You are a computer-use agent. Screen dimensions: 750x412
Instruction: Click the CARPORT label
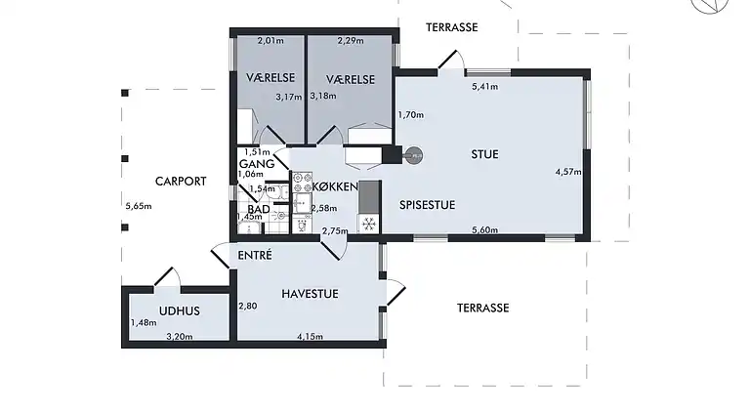(x=181, y=182)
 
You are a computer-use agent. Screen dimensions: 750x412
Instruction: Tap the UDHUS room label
(x=180, y=311)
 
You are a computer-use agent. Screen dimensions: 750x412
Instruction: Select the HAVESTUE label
(x=310, y=294)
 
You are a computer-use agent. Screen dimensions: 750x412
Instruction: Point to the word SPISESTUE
(x=427, y=205)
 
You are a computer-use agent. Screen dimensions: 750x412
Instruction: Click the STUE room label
(x=485, y=154)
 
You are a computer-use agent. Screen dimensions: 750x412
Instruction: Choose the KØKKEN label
(x=335, y=186)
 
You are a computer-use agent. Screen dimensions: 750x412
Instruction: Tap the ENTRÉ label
(x=255, y=255)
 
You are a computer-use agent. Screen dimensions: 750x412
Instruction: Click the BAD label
(x=259, y=209)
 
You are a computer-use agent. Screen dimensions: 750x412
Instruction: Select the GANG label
(x=257, y=164)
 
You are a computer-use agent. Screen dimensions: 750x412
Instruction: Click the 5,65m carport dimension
(x=139, y=206)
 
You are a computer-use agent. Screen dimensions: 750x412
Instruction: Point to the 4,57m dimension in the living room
(x=568, y=172)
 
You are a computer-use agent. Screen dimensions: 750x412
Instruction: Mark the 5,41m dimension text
(x=485, y=87)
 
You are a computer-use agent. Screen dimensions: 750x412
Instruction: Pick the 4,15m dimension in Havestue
(x=310, y=337)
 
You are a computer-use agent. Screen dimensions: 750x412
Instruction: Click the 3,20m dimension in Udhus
(x=180, y=337)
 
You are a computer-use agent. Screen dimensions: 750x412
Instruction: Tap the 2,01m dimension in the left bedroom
(x=271, y=41)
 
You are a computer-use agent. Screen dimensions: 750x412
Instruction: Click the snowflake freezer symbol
(x=369, y=224)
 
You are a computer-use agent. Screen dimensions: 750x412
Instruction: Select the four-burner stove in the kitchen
(x=303, y=183)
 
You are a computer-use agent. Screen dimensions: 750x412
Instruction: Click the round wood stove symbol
(x=414, y=156)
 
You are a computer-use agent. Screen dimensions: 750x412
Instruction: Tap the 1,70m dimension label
(x=411, y=114)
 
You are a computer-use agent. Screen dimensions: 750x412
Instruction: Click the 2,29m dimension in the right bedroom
(x=351, y=41)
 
